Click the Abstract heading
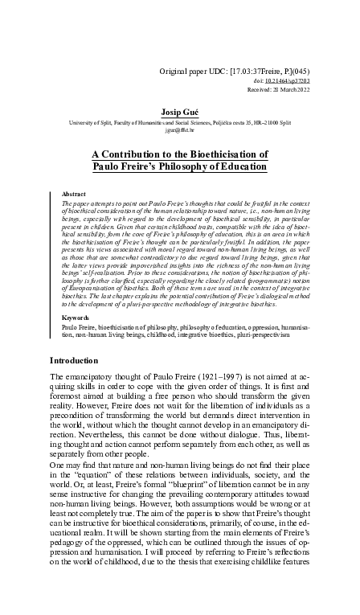coord(74,195)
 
